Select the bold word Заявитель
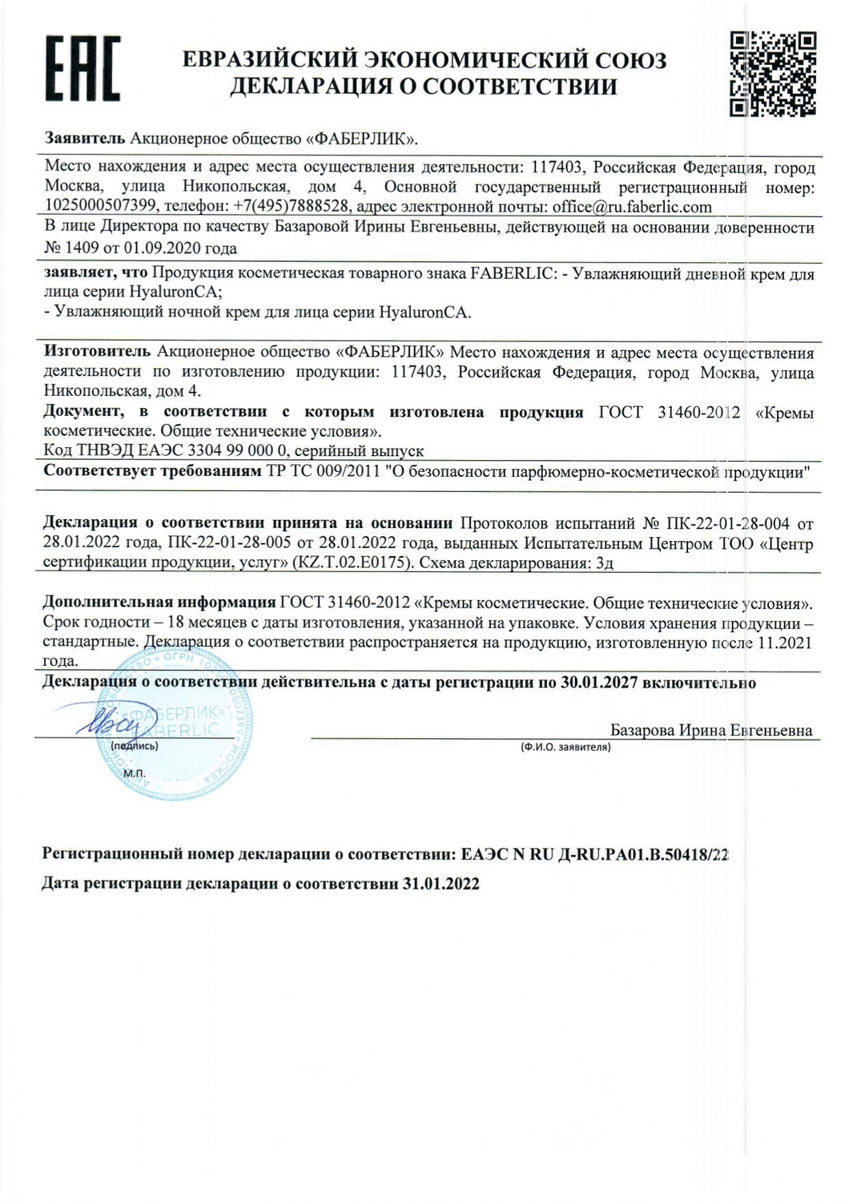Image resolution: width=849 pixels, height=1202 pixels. [x=85, y=138]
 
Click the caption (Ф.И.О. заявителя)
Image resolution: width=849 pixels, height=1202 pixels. [x=565, y=747]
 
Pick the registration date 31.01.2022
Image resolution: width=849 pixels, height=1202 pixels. [x=441, y=884]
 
